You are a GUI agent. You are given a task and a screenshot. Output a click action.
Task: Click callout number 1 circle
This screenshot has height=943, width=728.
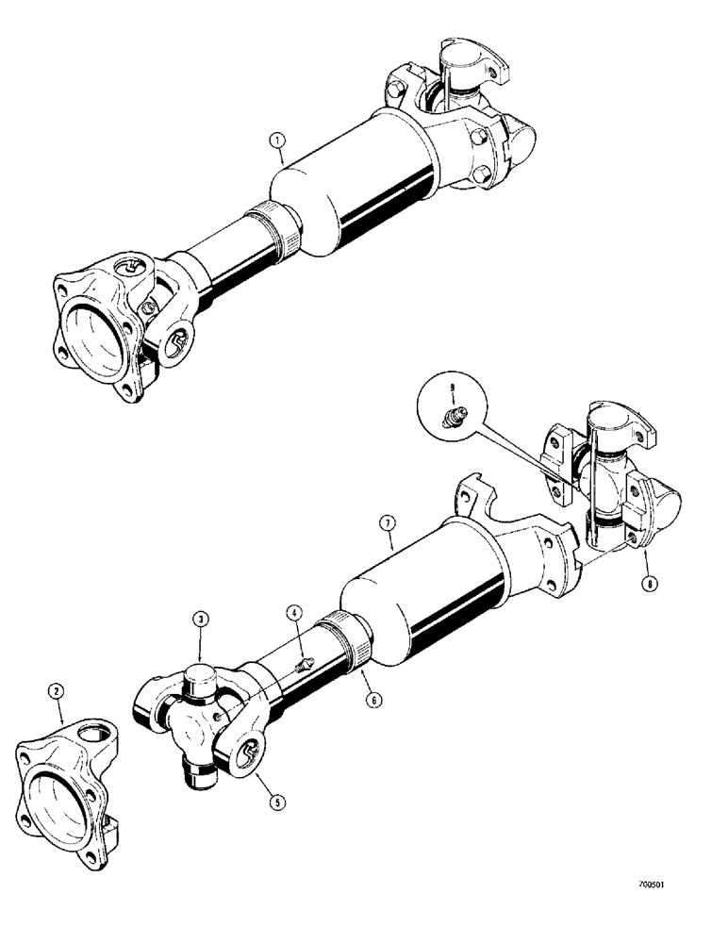[275, 142]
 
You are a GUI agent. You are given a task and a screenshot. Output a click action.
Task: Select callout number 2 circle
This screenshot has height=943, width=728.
[58, 691]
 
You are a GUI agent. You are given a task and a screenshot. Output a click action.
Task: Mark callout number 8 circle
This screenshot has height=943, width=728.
[648, 584]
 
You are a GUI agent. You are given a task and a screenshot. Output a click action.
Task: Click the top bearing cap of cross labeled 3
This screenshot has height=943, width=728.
[201, 680]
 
